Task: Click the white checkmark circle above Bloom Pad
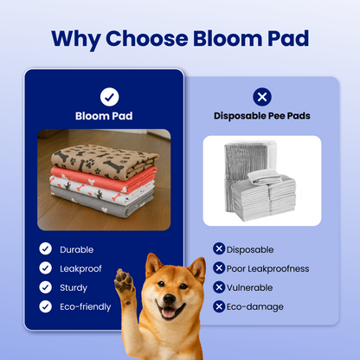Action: click(x=109, y=96)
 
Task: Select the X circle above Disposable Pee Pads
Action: click(x=261, y=96)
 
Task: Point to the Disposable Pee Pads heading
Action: click(x=261, y=115)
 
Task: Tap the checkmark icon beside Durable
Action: click(x=45, y=249)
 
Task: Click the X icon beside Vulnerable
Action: click(x=220, y=287)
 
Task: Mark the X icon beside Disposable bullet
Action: click(x=220, y=249)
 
